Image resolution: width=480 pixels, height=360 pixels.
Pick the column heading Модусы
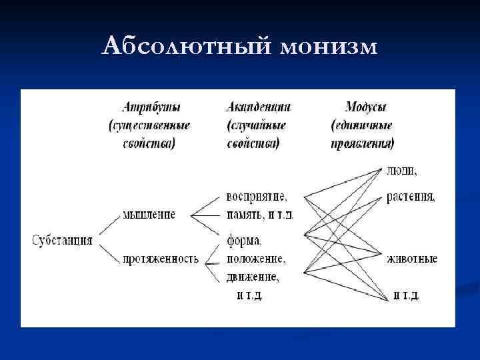click(x=366, y=107)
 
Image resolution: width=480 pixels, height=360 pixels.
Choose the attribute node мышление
click(x=149, y=215)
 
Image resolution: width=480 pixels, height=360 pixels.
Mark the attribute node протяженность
click(x=161, y=259)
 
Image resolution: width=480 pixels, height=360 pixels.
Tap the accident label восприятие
click(x=257, y=197)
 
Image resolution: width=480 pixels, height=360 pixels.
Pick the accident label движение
click(x=253, y=275)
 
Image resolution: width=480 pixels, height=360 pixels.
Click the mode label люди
click(x=401, y=171)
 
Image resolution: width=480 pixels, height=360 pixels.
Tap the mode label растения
click(x=410, y=198)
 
